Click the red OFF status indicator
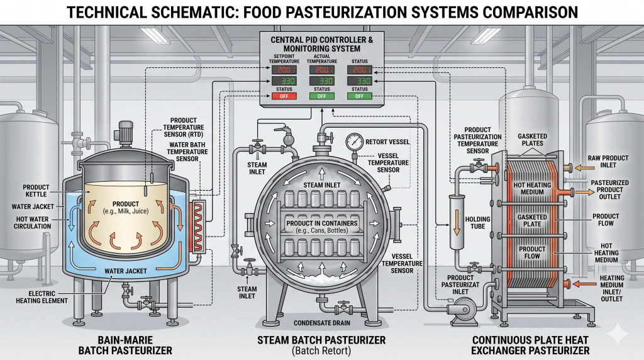click(284, 96)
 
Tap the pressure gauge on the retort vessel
click(354, 142)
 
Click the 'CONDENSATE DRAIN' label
click(322, 323)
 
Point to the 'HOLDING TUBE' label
click(478, 223)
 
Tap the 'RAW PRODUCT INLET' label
click(608, 162)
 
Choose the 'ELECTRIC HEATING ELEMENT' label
click(42, 297)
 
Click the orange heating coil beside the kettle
click(199, 225)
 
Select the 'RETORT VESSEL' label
click(387, 142)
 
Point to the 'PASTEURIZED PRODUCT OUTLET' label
click(609, 189)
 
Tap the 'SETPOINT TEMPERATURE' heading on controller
click(284, 59)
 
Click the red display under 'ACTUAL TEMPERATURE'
click(321, 69)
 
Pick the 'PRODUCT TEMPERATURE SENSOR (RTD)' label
click(184, 127)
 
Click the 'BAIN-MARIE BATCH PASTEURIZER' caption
click(125, 345)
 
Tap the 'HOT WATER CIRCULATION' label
click(33, 223)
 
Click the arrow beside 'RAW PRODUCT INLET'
click(584, 167)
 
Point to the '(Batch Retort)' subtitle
click(321, 351)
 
